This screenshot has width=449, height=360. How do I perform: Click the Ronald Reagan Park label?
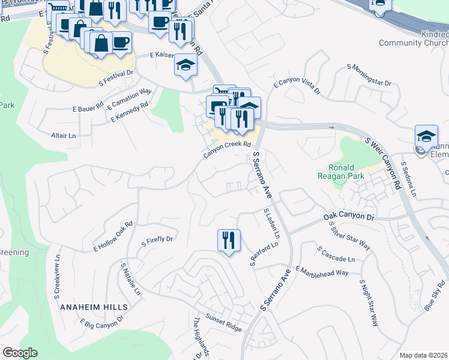[x=342, y=172]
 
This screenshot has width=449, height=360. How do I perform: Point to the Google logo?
[x=20, y=353]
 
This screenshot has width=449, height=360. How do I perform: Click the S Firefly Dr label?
[x=157, y=241]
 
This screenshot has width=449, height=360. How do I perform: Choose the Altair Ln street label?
[x=64, y=136]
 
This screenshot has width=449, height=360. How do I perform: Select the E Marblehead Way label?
[x=322, y=272]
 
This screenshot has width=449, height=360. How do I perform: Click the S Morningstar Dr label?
[x=371, y=75]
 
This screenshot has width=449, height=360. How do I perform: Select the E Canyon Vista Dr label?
[x=297, y=88]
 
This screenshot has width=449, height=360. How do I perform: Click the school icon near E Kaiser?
[x=186, y=65]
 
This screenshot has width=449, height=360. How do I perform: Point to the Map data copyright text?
[x=423, y=355]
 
